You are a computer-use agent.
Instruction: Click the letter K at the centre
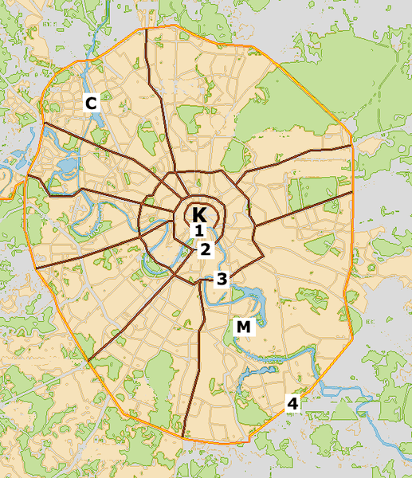coord(199,214)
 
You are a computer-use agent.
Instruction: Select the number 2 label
coord(205,249)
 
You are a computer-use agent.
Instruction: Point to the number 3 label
coord(222,279)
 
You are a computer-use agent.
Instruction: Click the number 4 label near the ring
coord(292,403)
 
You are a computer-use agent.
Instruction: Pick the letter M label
coord(243,327)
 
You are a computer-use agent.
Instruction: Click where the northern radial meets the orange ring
coord(147,29)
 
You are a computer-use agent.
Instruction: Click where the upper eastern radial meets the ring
coord(351,147)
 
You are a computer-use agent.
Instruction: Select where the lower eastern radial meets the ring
coord(351,192)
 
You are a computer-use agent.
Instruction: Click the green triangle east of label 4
coord(343,411)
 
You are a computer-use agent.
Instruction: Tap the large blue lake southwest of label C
coord(67,167)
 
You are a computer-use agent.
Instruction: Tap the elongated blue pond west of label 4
coord(259,370)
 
